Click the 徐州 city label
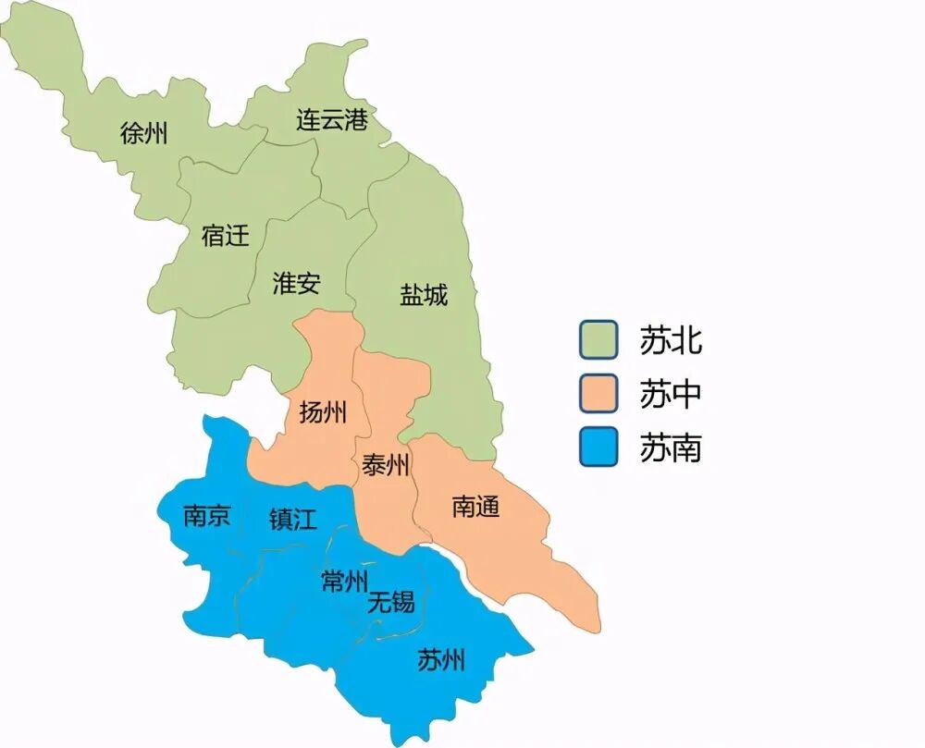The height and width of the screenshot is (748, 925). tap(144, 133)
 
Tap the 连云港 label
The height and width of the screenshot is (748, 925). tap(332, 120)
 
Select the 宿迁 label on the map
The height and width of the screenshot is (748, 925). tap(226, 235)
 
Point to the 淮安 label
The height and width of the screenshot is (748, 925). tap(296, 283)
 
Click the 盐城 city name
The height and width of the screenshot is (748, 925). tap(424, 295)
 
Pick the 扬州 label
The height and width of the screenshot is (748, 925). tap(323, 412)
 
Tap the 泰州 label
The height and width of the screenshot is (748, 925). tap(386, 466)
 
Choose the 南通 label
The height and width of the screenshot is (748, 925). tap(475, 506)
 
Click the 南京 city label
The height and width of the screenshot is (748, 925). tap(207, 516)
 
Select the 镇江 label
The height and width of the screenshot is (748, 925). tap(292, 519)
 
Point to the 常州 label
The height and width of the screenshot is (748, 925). tap(344, 581)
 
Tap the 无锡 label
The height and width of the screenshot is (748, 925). tap(391, 603)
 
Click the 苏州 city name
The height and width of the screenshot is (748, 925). tap(440, 660)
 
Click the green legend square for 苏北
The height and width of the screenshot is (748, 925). tap(598, 339)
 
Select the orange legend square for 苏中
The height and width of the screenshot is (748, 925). tap(598, 394)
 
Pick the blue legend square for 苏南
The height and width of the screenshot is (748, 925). tap(598, 448)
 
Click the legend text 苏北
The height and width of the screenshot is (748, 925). tap(671, 340)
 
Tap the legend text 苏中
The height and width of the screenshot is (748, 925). tap(671, 395)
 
